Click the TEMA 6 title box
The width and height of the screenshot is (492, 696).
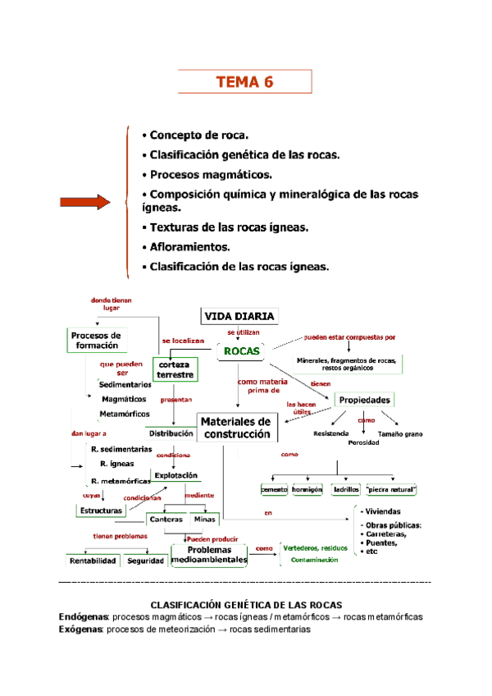244,82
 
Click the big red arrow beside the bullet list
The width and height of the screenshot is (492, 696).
84,202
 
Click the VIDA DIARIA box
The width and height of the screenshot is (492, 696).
239,316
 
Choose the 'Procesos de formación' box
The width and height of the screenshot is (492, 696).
96,340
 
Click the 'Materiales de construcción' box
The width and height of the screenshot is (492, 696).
236,428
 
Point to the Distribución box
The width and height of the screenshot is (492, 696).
171,433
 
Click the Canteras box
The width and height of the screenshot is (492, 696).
166,519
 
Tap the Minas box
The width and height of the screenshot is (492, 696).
203,519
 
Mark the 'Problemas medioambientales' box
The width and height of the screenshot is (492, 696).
208,554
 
